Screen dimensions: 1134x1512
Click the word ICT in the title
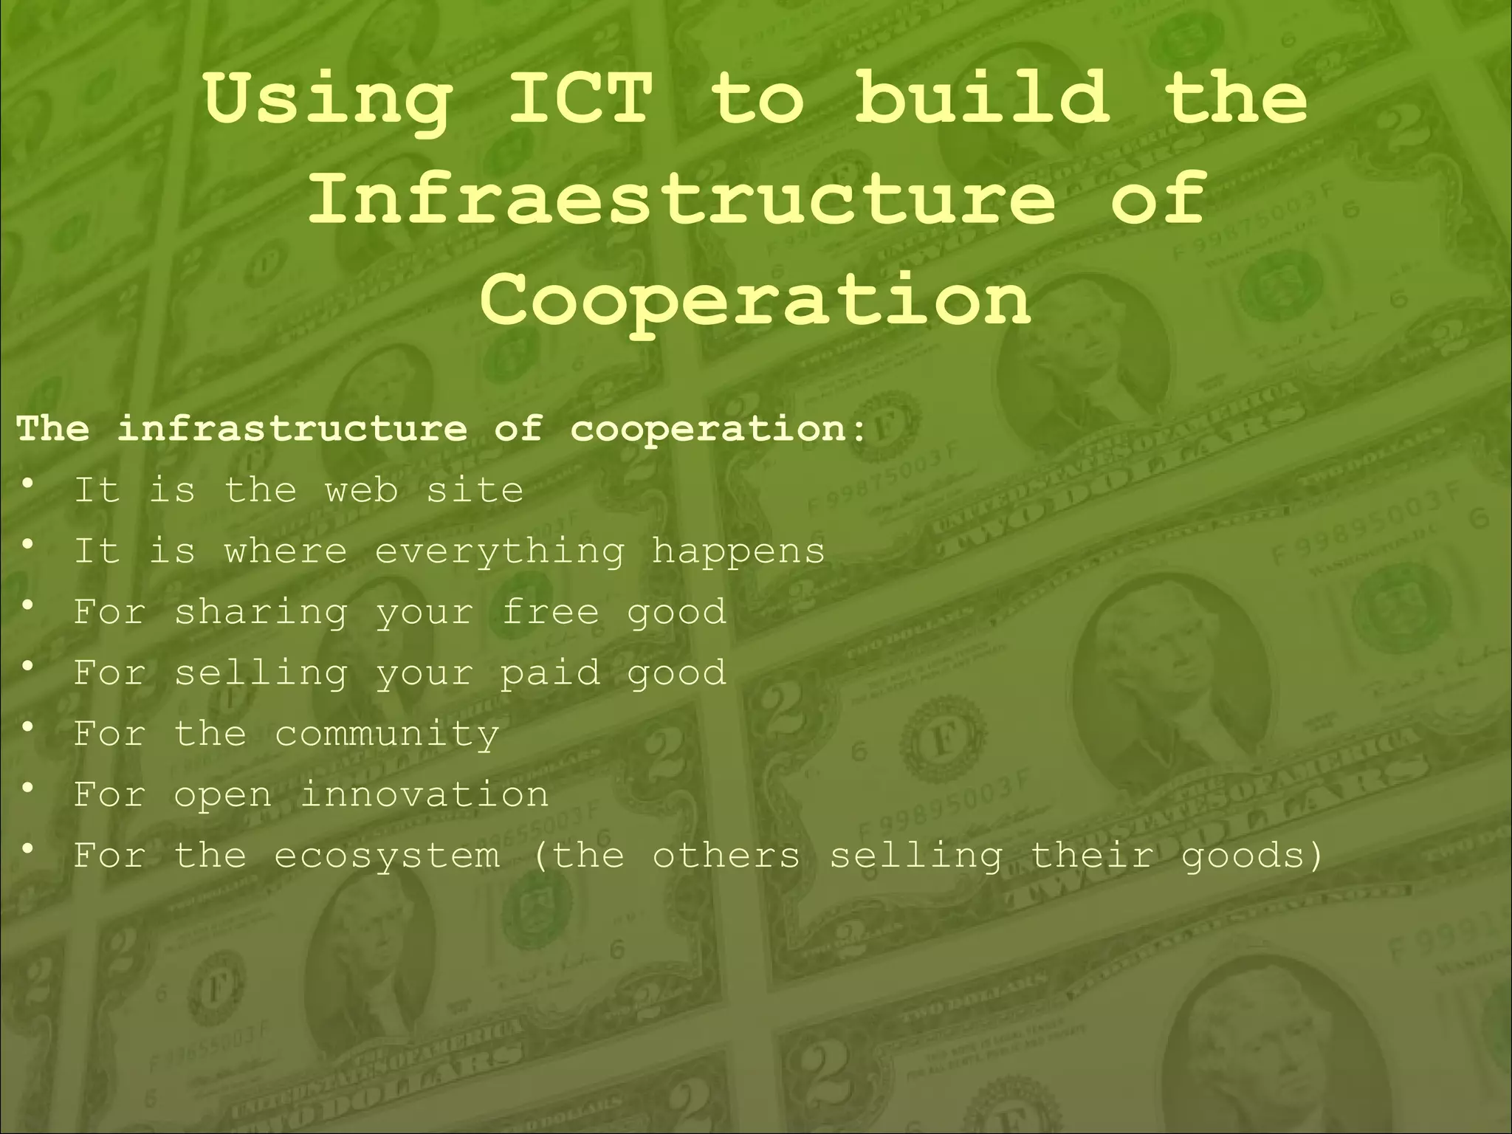(581, 98)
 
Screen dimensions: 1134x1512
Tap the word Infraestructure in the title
(681, 198)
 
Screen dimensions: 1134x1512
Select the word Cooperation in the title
(755, 298)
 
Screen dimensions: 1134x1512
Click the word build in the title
(982, 98)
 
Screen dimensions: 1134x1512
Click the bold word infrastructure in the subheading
(292, 428)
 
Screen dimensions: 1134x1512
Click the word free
(550, 611)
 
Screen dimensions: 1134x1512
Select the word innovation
(425, 794)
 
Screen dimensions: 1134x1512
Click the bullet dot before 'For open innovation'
(28, 788)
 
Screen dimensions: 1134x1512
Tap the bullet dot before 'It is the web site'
(28, 484)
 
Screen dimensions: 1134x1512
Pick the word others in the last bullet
(726, 855)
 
